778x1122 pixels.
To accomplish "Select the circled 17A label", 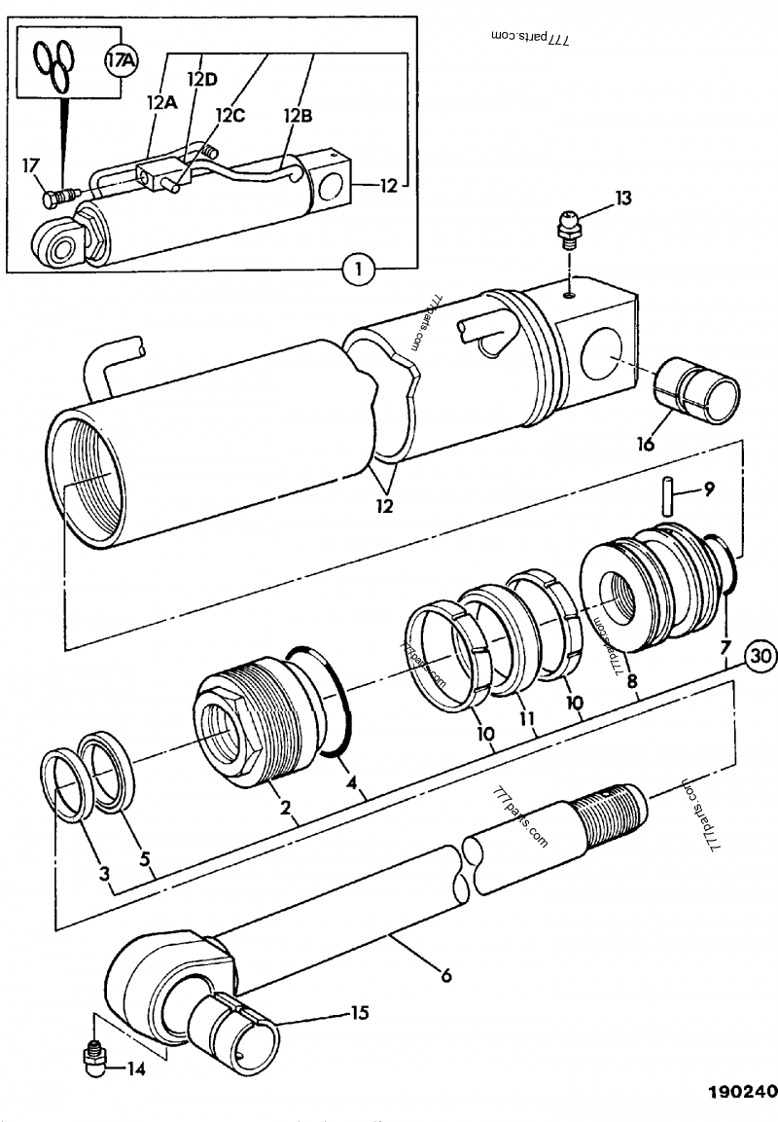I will click(122, 61).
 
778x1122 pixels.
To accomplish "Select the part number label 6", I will click(445, 972).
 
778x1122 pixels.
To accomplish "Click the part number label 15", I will click(359, 1013).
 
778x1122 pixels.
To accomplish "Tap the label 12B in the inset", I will click(298, 116).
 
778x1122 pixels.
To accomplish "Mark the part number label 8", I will click(632, 682).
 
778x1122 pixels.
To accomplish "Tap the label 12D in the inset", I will click(203, 79).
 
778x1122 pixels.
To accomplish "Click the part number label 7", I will click(724, 646).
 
